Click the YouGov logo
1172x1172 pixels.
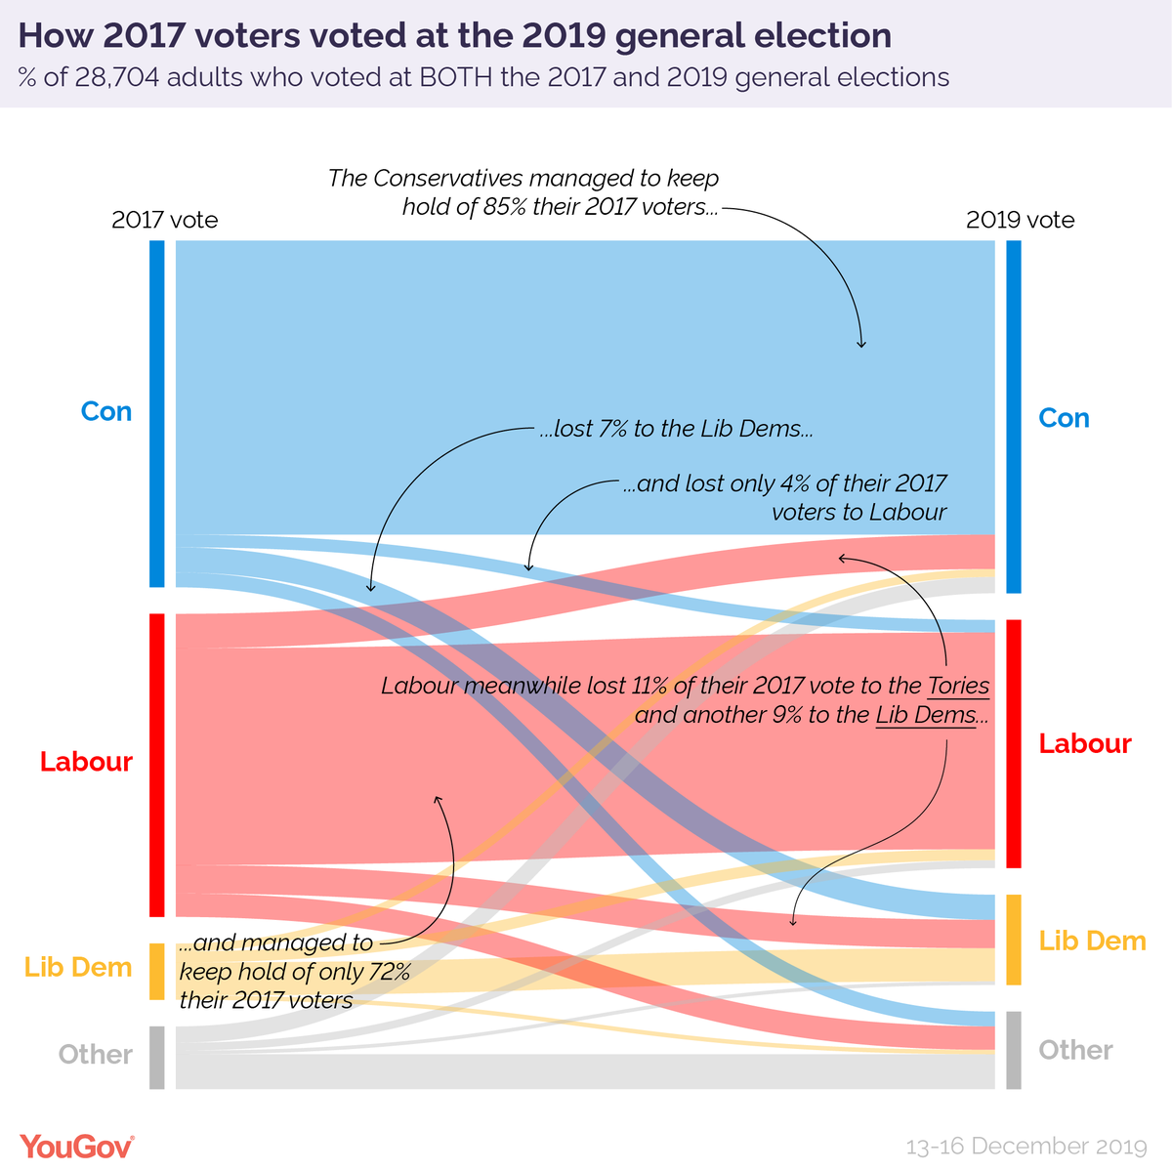[x=77, y=1147]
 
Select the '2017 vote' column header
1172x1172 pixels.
[x=164, y=220]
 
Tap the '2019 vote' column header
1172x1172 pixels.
[x=1020, y=220]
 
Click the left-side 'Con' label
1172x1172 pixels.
[x=105, y=411]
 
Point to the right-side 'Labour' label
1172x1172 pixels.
[x=1084, y=743]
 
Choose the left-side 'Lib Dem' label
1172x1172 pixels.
[x=78, y=967]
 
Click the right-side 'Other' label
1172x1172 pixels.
[x=1075, y=1050]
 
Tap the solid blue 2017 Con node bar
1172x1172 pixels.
[x=157, y=413]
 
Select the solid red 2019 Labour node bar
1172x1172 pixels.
[x=1014, y=743]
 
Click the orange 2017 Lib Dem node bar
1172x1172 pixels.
[x=157, y=971]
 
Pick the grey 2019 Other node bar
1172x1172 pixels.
[x=1014, y=1050]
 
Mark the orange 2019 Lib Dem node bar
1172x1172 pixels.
[x=1014, y=940]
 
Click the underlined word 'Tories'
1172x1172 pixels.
[x=958, y=686]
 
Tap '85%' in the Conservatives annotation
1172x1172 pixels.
[x=505, y=207]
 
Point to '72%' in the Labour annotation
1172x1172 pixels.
[x=388, y=972]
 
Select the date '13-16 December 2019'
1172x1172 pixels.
[x=1026, y=1146]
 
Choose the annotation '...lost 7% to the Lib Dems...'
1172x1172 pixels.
[x=677, y=429]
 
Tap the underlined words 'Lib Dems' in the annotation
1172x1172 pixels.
[x=925, y=715]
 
